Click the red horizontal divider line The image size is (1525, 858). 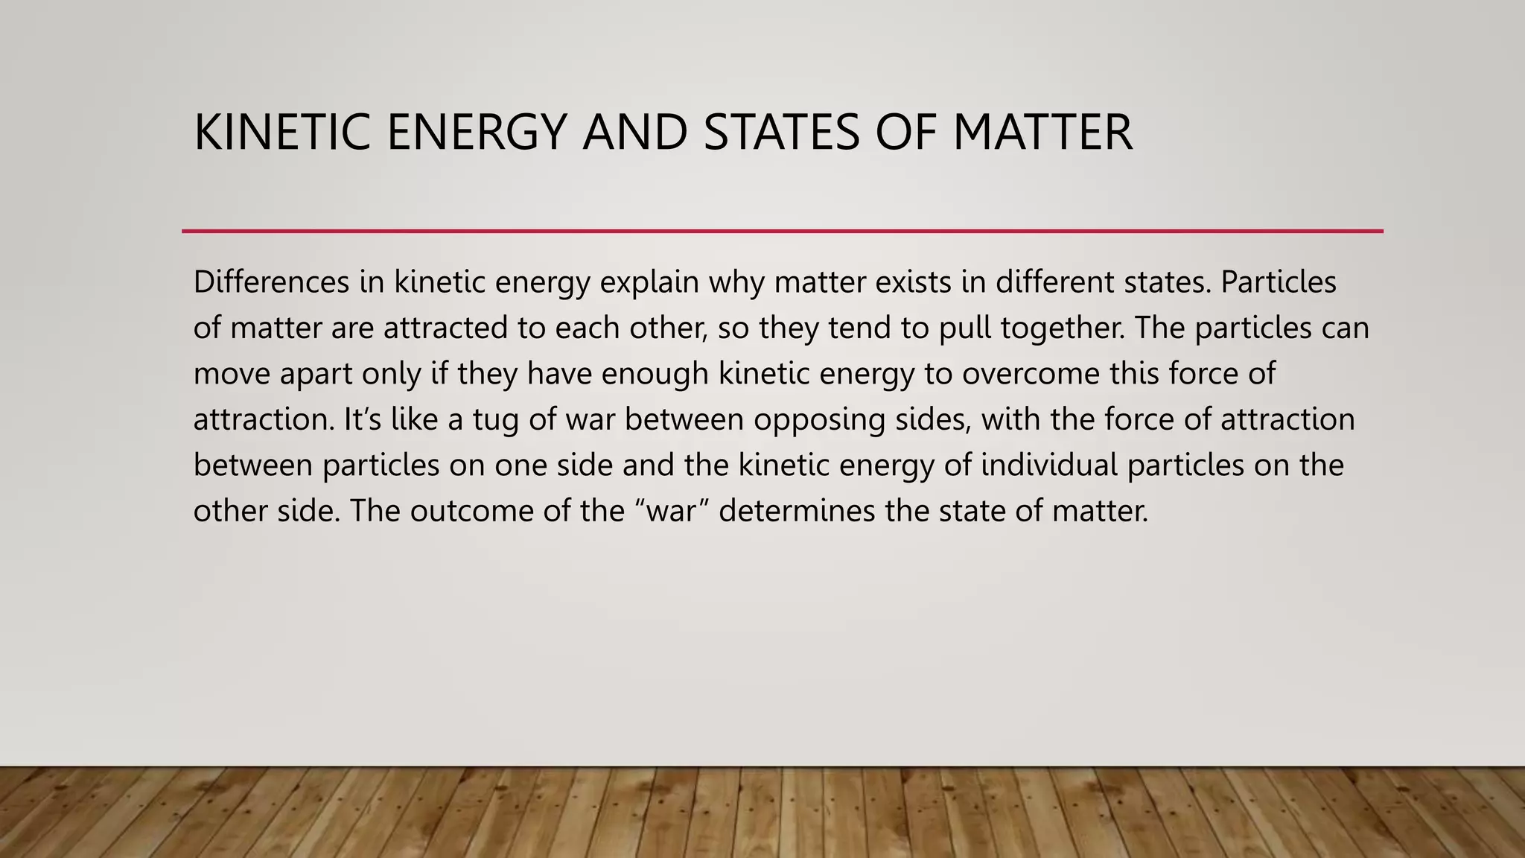782,231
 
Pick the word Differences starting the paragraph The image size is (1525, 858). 271,282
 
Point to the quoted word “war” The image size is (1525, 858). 673,511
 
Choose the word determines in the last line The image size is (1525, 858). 797,511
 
